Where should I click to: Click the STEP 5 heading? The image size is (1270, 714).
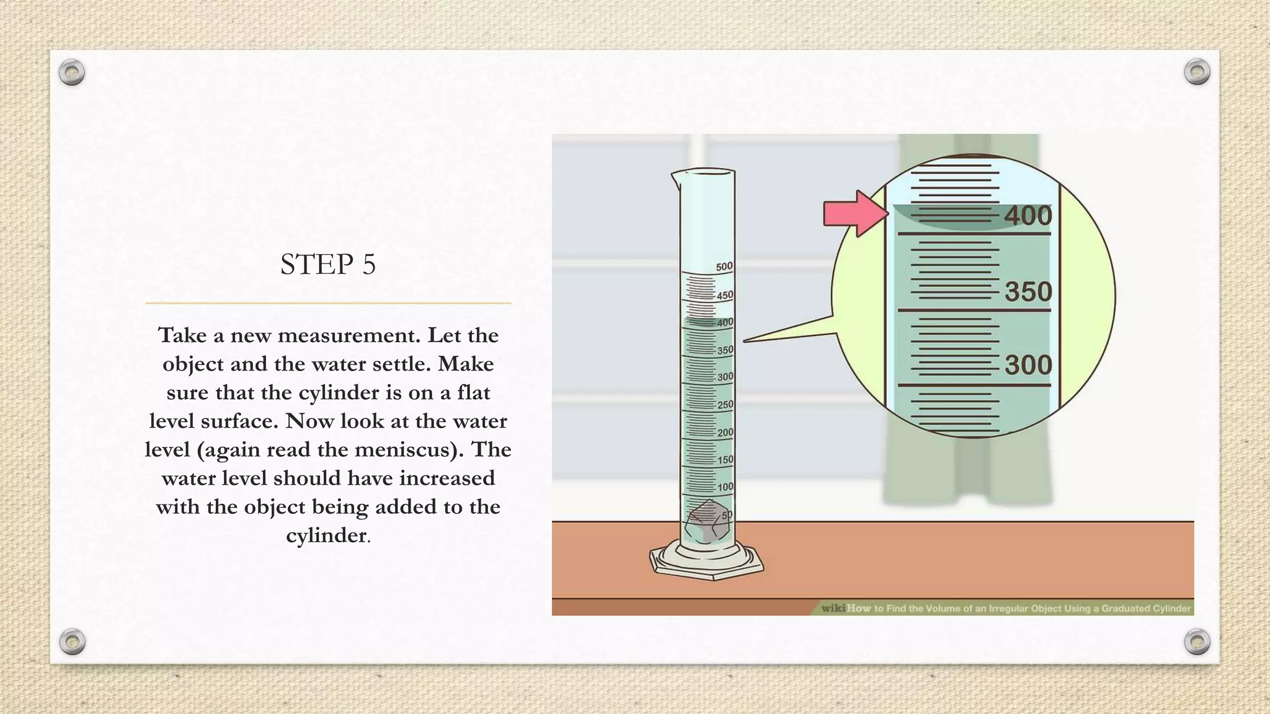[327, 265]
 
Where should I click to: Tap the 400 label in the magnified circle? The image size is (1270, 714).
[1028, 216]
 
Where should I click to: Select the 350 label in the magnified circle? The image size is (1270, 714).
[1028, 292]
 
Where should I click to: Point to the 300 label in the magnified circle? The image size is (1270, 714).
[1028, 365]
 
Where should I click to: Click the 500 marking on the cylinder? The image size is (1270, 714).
[724, 267]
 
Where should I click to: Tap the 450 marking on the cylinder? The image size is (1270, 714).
[724, 296]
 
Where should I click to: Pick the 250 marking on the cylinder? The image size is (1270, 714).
[725, 405]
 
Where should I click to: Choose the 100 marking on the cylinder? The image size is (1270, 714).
[725, 487]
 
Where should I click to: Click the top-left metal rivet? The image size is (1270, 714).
[72, 73]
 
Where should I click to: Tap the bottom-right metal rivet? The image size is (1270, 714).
[1197, 641]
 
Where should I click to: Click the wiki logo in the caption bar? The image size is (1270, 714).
[833, 608]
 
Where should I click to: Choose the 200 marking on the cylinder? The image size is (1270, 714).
[725, 433]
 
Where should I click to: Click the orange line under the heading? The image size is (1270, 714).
[328, 303]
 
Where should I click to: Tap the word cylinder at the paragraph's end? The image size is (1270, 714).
[326, 535]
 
